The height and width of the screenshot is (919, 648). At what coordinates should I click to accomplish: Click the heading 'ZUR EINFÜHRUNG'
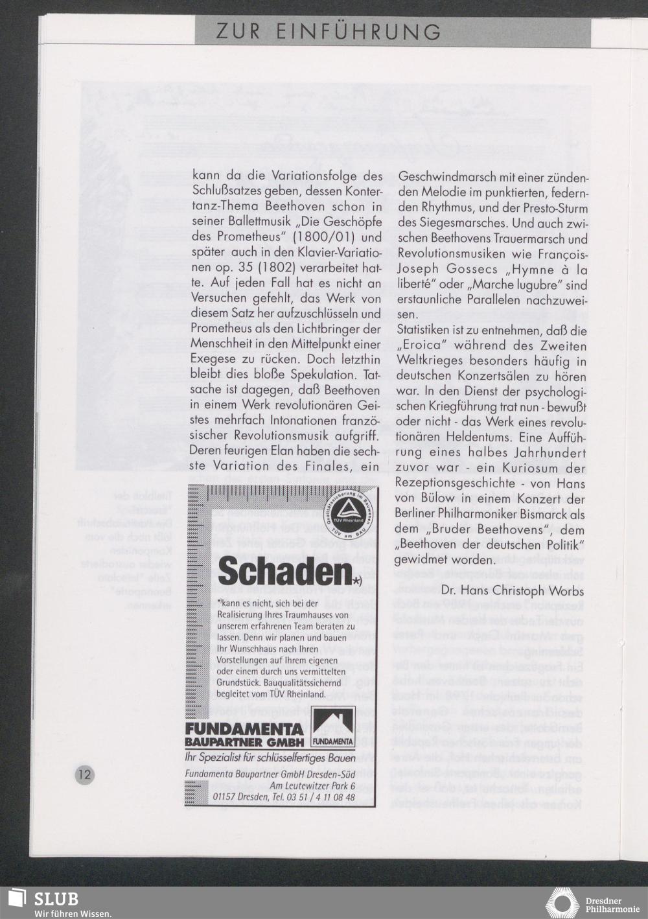329,31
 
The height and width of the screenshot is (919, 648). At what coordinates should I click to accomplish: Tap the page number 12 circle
85,774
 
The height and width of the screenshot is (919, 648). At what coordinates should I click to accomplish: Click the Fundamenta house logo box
332,725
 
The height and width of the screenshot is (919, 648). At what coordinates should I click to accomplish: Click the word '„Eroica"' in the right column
421,346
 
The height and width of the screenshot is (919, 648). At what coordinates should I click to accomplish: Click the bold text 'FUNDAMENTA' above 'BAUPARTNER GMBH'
235,728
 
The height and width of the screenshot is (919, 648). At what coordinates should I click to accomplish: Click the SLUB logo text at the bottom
56,899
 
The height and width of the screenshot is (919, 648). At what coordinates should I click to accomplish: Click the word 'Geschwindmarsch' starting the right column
440,177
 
